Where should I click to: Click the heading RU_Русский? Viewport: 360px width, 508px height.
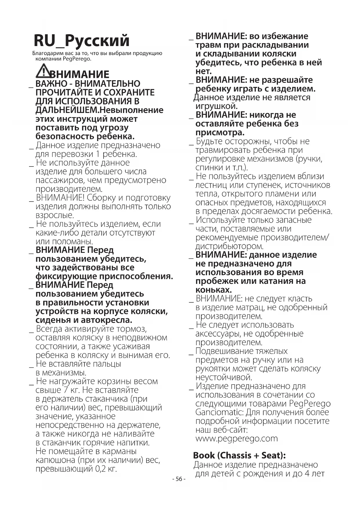click(82, 41)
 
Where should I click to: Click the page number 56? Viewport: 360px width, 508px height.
click(179, 479)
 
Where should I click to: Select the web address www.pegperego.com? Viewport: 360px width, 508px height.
click(236, 438)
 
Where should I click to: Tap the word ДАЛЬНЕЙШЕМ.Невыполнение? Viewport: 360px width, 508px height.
click(99, 110)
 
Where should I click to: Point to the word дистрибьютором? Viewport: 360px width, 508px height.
click(229, 246)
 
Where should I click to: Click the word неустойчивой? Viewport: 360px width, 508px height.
click(224, 377)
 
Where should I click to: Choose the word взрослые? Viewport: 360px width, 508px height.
click(55, 215)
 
